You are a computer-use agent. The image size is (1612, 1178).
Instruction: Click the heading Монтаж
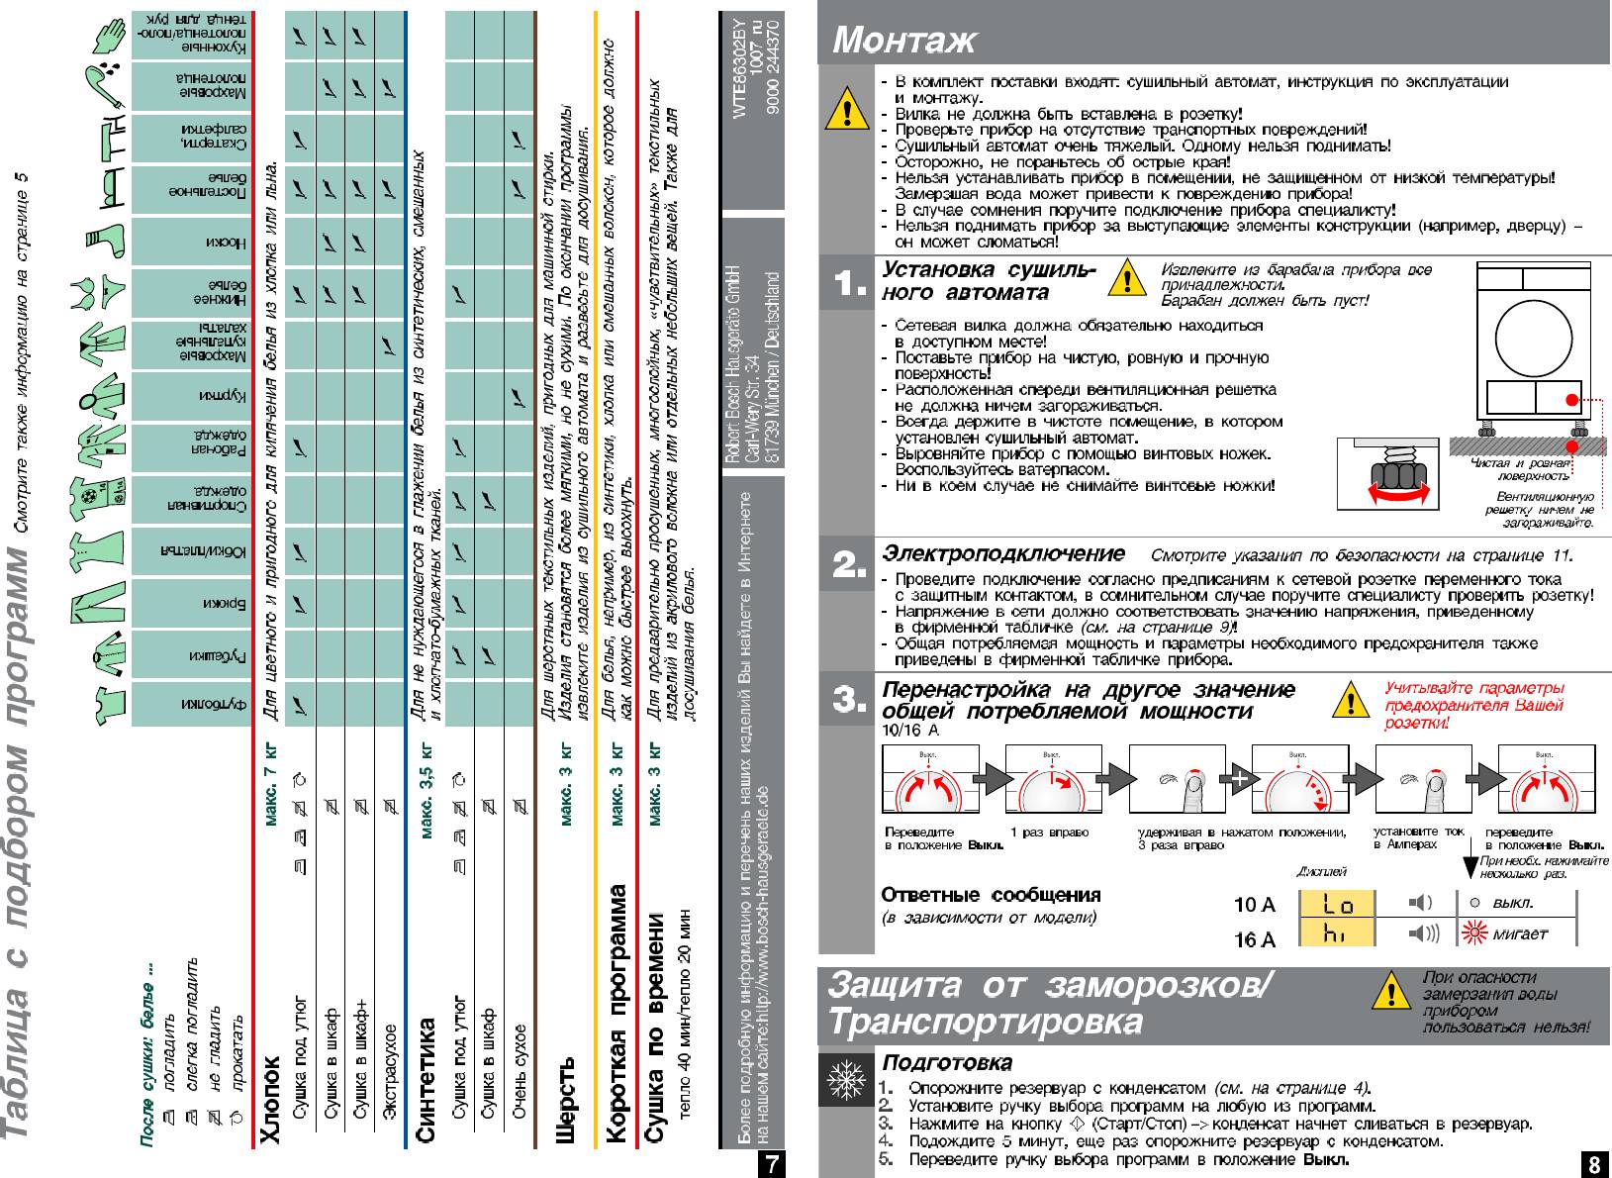(903, 40)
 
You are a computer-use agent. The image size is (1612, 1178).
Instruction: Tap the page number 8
(1592, 1165)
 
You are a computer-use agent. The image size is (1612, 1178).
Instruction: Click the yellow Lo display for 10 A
(1337, 903)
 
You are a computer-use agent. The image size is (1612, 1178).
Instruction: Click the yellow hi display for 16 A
(1337, 933)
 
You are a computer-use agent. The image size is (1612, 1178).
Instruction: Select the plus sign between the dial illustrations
(1238, 778)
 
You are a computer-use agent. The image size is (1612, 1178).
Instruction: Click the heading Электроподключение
(1003, 553)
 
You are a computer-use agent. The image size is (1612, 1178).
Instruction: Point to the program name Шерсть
(565, 1099)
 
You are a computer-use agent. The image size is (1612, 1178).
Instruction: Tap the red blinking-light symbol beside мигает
(1475, 933)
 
